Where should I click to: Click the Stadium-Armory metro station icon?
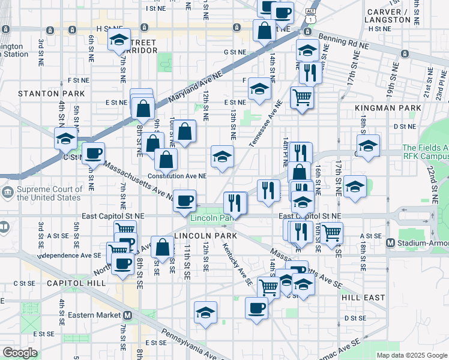click(x=390, y=243)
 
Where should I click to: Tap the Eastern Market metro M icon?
click(x=127, y=315)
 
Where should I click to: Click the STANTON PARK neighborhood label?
click(x=47, y=94)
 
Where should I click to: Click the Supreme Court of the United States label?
click(x=49, y=193)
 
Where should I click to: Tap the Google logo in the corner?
click(x=20, y=353)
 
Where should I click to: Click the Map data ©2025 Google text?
click(x=412, y=355)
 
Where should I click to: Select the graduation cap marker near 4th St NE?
click(x=65, y=139)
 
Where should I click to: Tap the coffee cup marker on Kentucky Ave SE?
click(x=256, y=308)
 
